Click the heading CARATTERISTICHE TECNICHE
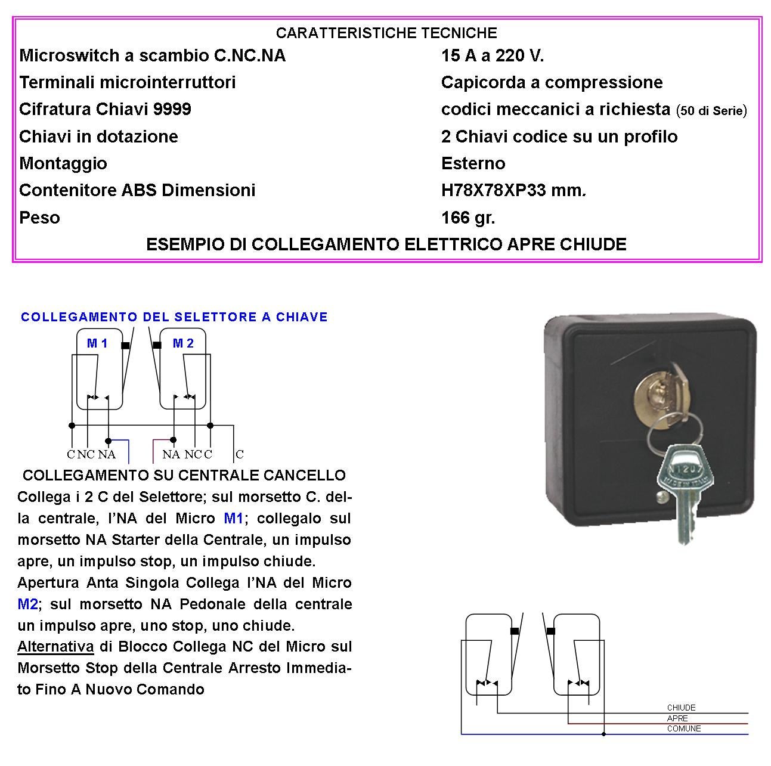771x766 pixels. point(386,33)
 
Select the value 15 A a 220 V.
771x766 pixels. point(492,56)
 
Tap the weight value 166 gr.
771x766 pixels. point(467,218)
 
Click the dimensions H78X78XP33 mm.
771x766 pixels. point(513,191)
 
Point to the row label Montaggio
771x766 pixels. point(63,163)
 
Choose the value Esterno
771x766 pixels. point(473,163)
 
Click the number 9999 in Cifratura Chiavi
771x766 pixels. point(172,110)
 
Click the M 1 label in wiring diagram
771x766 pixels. point(97,343)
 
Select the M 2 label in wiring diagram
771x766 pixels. point(183,343)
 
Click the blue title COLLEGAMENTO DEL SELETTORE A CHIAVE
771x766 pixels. point(174,317)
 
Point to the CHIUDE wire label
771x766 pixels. point(681,708)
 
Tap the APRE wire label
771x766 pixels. point(677,718)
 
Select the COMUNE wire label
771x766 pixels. point(683,728)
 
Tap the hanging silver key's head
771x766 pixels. point(685,471)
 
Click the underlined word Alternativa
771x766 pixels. point(55,647)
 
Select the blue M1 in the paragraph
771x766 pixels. point(233,519)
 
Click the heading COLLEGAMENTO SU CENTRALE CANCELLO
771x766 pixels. point(184,476)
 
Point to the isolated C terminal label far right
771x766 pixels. point(240,454)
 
